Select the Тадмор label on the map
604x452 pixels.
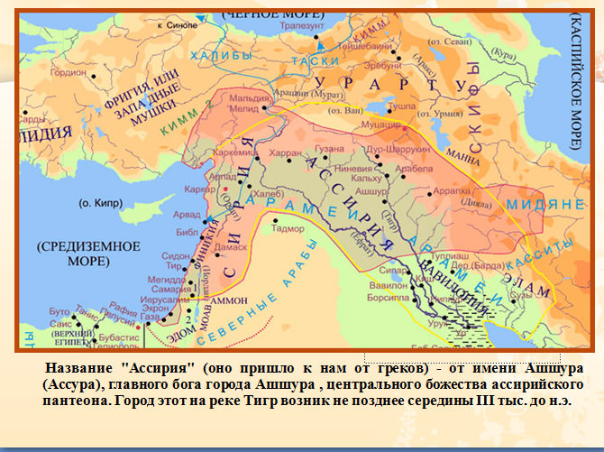pyautogui.click(x=289, y=229)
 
